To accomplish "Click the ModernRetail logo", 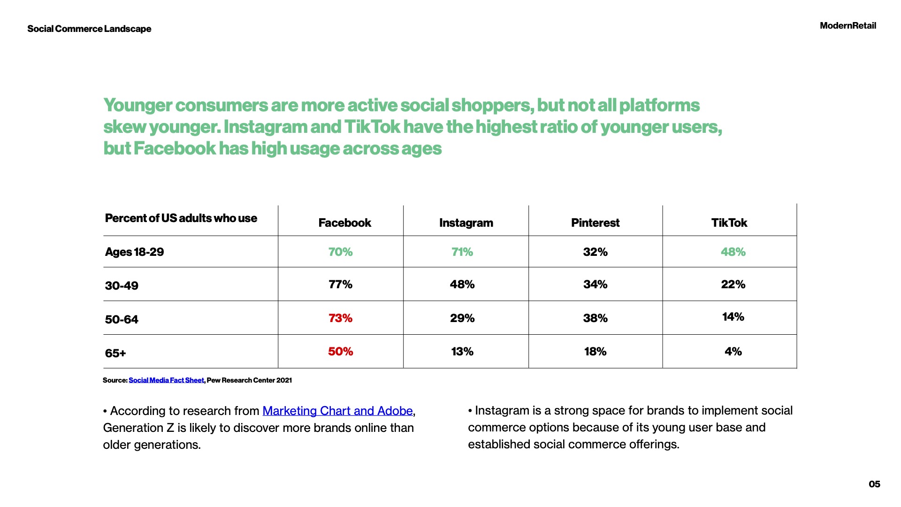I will point(848,26).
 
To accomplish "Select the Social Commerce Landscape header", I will point(89,29).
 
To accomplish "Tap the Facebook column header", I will point(344,223).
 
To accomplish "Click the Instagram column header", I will point(466,223).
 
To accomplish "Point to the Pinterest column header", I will point(595,223).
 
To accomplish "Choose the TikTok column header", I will point(729,223).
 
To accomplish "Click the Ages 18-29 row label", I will point(134,252).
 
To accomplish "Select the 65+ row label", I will point(115,353).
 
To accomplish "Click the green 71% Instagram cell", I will point(462,252).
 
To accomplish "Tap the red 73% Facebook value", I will point(340,318).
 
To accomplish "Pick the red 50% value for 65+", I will point(340,352).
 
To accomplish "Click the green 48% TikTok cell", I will point(733,252).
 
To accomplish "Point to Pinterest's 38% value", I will point(595,318).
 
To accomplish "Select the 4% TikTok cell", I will point(733,352).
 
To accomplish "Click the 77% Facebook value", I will point(340,284).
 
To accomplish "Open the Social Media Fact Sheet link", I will point(166,380).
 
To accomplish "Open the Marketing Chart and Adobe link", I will point(337,411).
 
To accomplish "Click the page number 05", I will point(874,484).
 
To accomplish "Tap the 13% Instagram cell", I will point(462,352).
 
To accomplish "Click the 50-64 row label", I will point(122,320).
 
